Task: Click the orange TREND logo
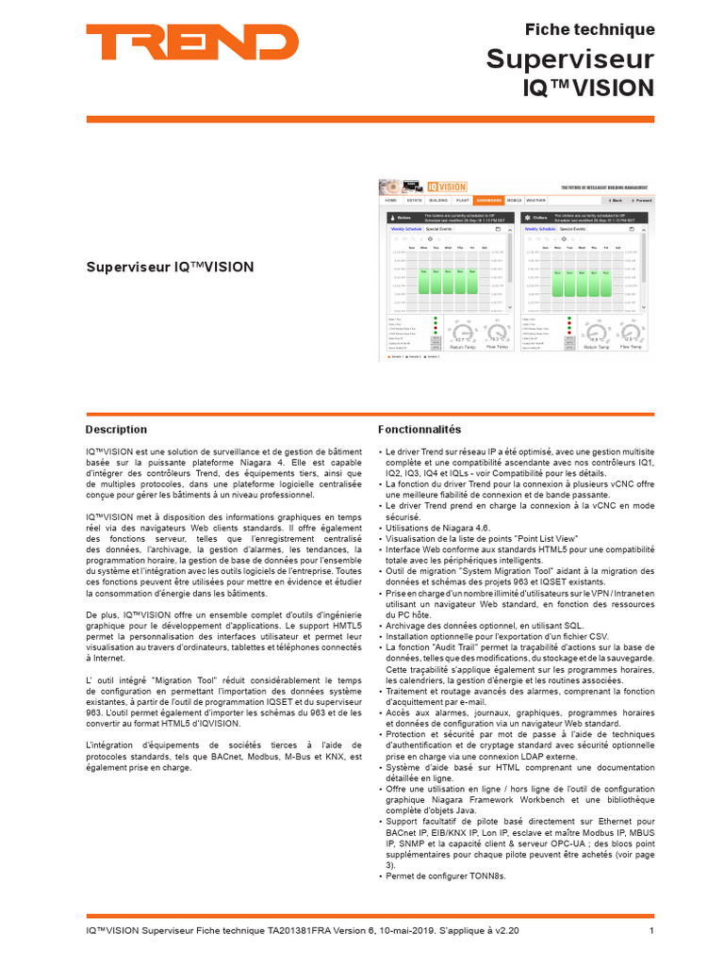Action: coord(192,42)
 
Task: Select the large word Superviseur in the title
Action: coord(569,59)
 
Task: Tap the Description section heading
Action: coord(116,429)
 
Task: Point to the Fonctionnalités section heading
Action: coord(420,429)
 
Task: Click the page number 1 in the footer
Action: coord(650,930)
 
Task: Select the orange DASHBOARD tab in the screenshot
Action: coord(488,201)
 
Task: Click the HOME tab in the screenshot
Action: coord(390,201)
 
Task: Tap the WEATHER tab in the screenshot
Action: coord(535,201)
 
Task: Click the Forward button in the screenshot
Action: coord(640,201)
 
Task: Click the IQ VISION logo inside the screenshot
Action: coord(446,187)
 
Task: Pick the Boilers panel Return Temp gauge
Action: coord(462,334)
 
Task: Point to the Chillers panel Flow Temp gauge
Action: coord(631,334)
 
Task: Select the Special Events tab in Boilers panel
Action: coord(439,229)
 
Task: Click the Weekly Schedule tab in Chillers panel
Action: coord(539,229)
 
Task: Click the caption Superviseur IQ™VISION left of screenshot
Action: coord(169,267)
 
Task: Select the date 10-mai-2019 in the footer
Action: coord(399,930)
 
